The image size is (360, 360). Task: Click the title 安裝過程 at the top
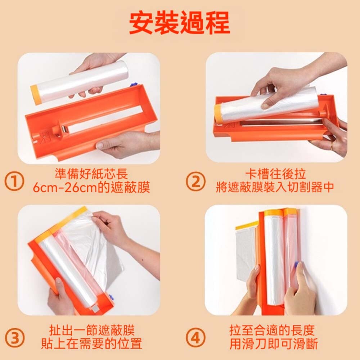click(180, 23)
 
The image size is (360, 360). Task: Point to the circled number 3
click(14, 338)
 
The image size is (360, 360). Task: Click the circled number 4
click(195, 338)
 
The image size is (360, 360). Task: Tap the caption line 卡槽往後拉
click(275, 174)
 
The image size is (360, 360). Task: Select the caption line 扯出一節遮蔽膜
click(91, 330)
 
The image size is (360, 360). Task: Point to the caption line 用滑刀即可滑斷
click(274, 344)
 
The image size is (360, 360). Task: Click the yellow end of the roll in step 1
click(36, 95)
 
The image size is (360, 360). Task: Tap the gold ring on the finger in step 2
click(332, 146)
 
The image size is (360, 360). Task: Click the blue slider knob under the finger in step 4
click(296, 265)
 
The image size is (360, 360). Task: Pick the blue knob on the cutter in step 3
click(111, 298)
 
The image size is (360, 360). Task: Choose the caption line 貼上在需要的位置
click(91, 344)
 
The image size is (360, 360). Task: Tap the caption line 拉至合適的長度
click(271, 330)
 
